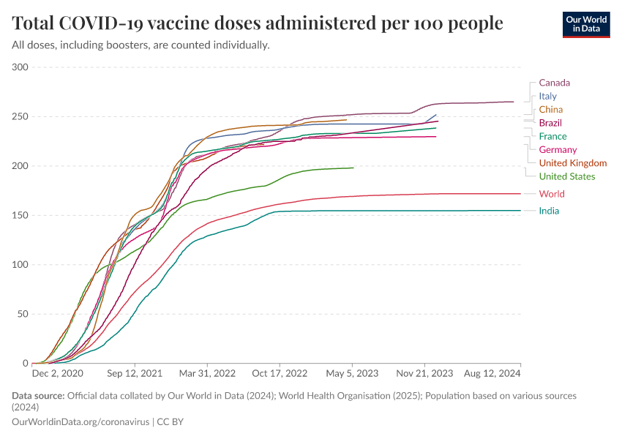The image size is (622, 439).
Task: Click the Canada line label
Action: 554,83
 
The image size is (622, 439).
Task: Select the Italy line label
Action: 547,96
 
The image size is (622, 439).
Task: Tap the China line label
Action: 550,110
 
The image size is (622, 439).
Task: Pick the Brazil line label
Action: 550,123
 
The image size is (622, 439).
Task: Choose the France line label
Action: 552,136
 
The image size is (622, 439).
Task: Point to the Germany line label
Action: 558,149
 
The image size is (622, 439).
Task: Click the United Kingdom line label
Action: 572,163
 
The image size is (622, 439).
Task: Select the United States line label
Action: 566,176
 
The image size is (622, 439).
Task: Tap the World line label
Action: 552,194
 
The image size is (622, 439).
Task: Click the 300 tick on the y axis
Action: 20,67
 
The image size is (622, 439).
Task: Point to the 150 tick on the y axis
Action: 20,215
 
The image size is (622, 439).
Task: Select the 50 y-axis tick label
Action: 23,314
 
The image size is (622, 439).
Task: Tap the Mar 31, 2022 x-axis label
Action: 209,373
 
